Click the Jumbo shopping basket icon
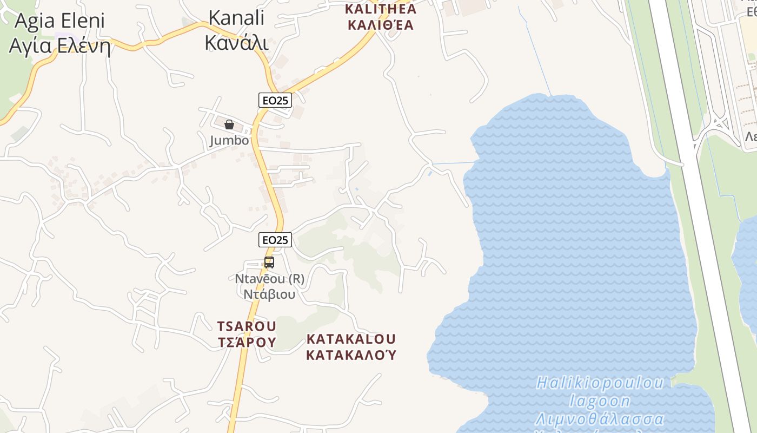click(229, 124)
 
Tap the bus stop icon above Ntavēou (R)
click(269, 263)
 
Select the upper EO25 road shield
click(275, 100)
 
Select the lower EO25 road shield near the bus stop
click(275, 239)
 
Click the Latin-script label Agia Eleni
click(59, 21)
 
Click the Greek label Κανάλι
click(237, 42)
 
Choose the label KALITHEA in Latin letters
click(381, 9)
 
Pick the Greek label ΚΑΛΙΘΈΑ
click(381, 25)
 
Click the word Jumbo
click(229, 141)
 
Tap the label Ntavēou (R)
click(269, 279)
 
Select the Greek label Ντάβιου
click(269, 294)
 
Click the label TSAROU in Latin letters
click(247, 326)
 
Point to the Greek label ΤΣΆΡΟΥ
click(247, 342)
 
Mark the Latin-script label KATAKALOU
click(351, 339)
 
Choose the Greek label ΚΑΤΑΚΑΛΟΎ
click(351, 355)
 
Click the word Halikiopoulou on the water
click(600, 383)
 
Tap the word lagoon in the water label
click(600, 401)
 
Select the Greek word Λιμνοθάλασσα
click(600, 419)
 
